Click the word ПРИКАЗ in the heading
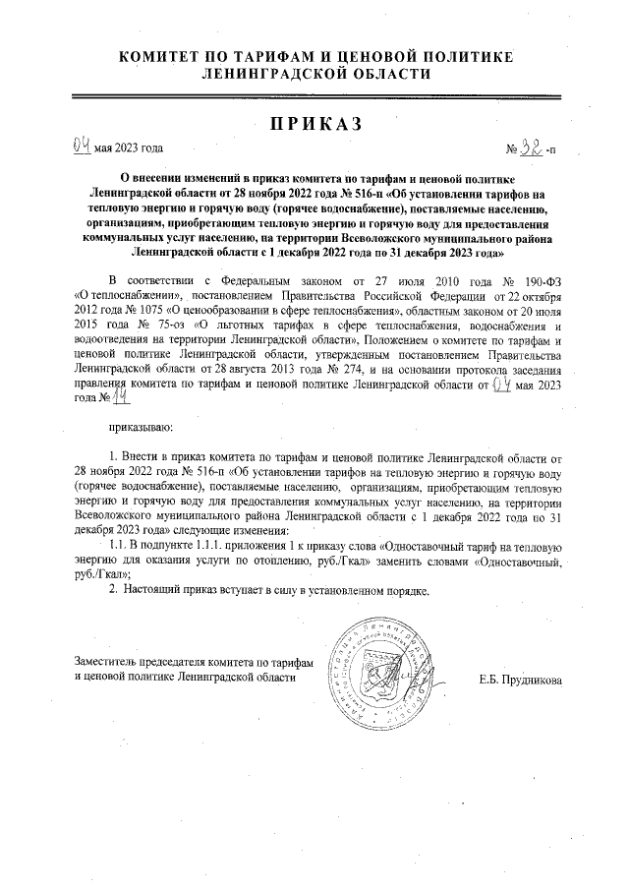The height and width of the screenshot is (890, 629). point(315,124)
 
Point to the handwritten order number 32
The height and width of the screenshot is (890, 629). point(532,149)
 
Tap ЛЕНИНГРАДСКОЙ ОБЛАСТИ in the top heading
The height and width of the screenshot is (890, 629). point(315,74)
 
